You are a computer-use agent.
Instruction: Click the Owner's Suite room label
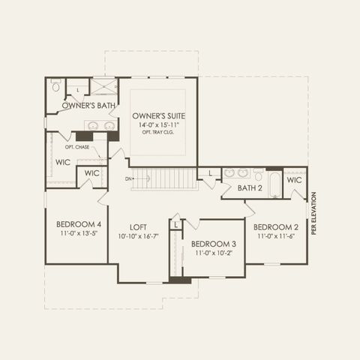tap(159, 116)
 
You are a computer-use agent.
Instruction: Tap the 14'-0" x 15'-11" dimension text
tap(159, 124)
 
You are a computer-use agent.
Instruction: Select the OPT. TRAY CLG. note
tap(158, 132)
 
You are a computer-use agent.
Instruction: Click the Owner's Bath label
tap(88, 106)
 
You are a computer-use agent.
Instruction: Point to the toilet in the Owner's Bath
tap(56, 85)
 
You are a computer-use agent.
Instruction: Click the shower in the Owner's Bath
tap(103, 86)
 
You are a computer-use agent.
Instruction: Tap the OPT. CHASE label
tap(77, 147)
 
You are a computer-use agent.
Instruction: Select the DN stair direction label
tap(128, 178)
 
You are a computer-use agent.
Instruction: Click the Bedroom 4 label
tap(79, 224)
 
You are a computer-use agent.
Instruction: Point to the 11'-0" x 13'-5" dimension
tap(79, 233)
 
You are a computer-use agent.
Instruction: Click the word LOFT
tap(138, 227)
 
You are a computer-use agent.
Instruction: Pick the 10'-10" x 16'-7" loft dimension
tap(138, 236)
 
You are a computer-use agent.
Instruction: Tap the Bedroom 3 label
tap(214, 244)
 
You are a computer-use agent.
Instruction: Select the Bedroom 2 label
tap(276, 227)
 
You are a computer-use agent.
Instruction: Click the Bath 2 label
tap(250, 188)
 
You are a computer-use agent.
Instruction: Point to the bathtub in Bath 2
tap(275, 184)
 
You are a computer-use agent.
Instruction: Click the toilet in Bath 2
tap(258, 175)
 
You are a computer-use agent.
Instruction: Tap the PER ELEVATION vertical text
tap(313, 213)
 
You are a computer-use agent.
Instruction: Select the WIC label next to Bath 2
tap(294, 180)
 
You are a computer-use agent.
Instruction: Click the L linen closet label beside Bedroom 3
tap(176, 225)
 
